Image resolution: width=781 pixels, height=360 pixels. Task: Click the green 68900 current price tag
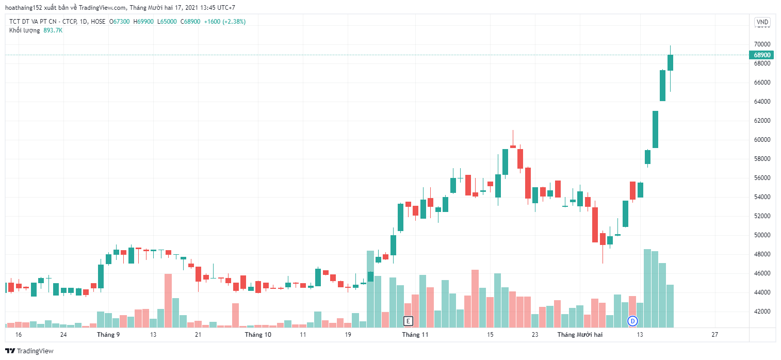[x=762, y=55]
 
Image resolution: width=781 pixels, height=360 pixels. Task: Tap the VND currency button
[x=762, y=22]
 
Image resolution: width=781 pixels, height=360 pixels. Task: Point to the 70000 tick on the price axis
[x=762, y=44]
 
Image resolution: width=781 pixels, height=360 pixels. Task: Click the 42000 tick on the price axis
[x=762, y=312]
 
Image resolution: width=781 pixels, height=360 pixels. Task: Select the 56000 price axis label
[x=762, y=178]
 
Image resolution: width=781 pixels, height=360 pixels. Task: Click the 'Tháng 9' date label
[x=108, y=335]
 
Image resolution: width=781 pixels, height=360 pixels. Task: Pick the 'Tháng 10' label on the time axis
[x=258, y=335]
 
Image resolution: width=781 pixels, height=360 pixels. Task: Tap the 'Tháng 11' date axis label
[x=415, y=335]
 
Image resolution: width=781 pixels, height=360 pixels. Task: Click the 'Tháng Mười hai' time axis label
[x=580, y=335]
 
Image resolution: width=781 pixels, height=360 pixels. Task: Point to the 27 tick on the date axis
[x=714, y=335]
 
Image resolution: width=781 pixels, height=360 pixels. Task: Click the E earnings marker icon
[x=408, y=321]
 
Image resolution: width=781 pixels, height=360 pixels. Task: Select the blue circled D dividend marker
[x=632, y=321]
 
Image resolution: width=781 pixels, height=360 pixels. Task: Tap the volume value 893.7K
[x=53, y=30]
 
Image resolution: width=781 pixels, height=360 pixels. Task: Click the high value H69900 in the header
[x=143, y=22]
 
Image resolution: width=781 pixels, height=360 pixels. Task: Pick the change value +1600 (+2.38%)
[x=224, y=22]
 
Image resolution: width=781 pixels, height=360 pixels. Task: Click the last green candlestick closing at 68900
[x=670, y=62]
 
